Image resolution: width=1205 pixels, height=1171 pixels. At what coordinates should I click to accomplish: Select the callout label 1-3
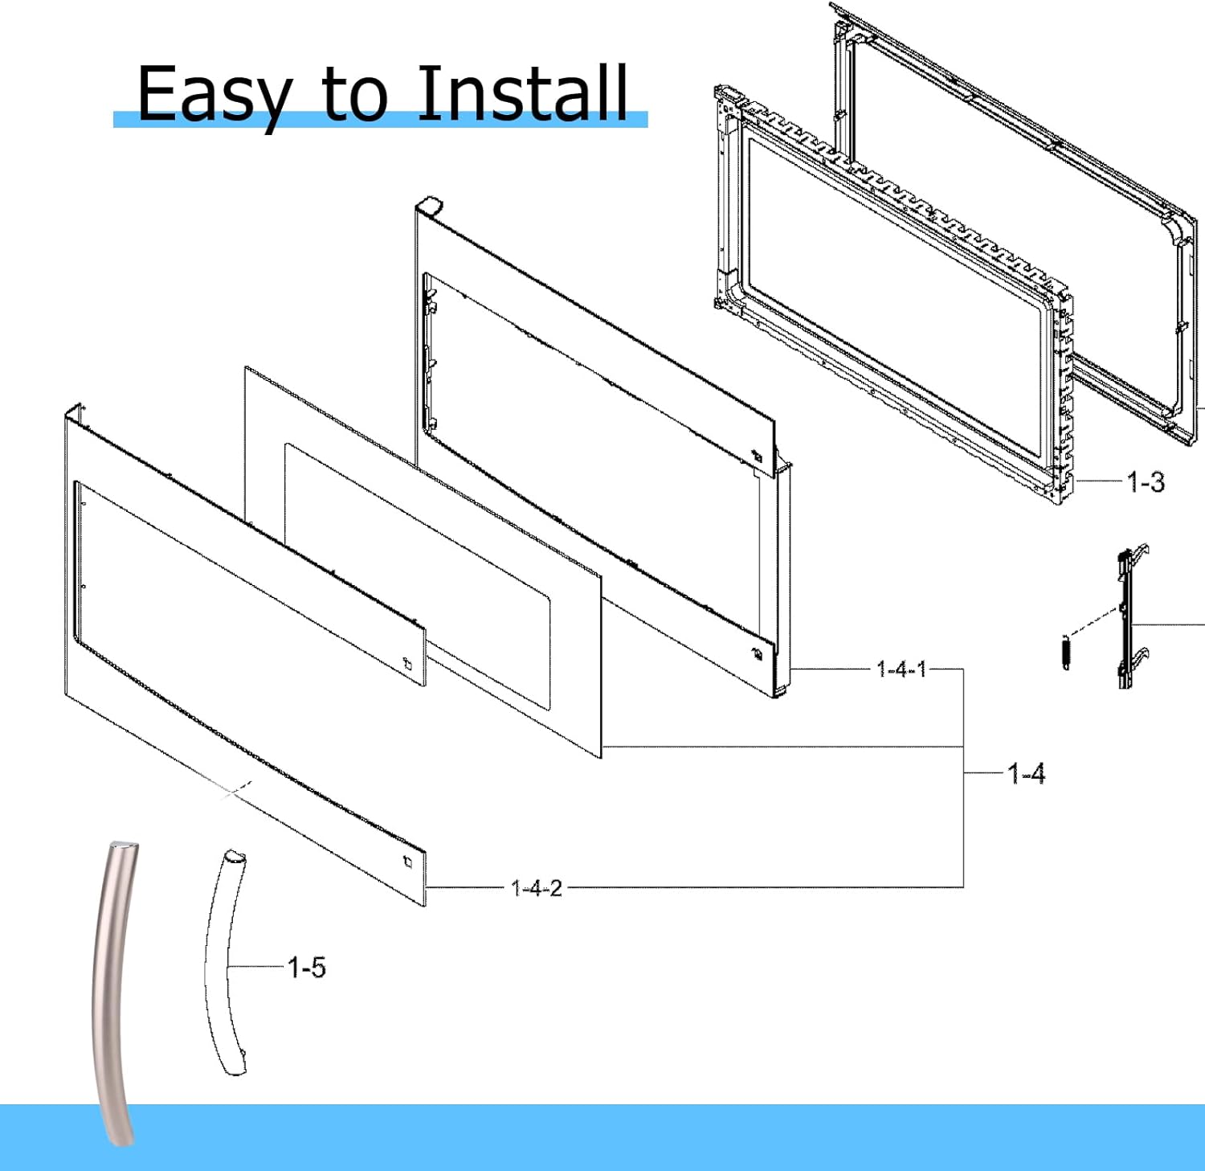click(x=1145, y=482)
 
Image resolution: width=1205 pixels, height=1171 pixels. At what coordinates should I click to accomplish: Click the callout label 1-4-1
click(x=901, y=669)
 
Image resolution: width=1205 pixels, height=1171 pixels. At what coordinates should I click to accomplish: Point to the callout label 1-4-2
click(x=537, y=888)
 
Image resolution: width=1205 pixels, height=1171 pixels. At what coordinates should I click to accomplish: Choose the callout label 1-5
click(x=307, y=967)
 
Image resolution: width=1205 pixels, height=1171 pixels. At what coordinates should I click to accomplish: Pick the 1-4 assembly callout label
click(x=1026, y=773)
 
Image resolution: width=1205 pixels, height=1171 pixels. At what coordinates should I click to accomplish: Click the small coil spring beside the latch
click(x=1066, y=652)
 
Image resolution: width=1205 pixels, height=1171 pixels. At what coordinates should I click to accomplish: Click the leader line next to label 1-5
click(x=257, y=966)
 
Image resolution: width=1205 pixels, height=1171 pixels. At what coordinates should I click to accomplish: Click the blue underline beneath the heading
click(x=380, y=121)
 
